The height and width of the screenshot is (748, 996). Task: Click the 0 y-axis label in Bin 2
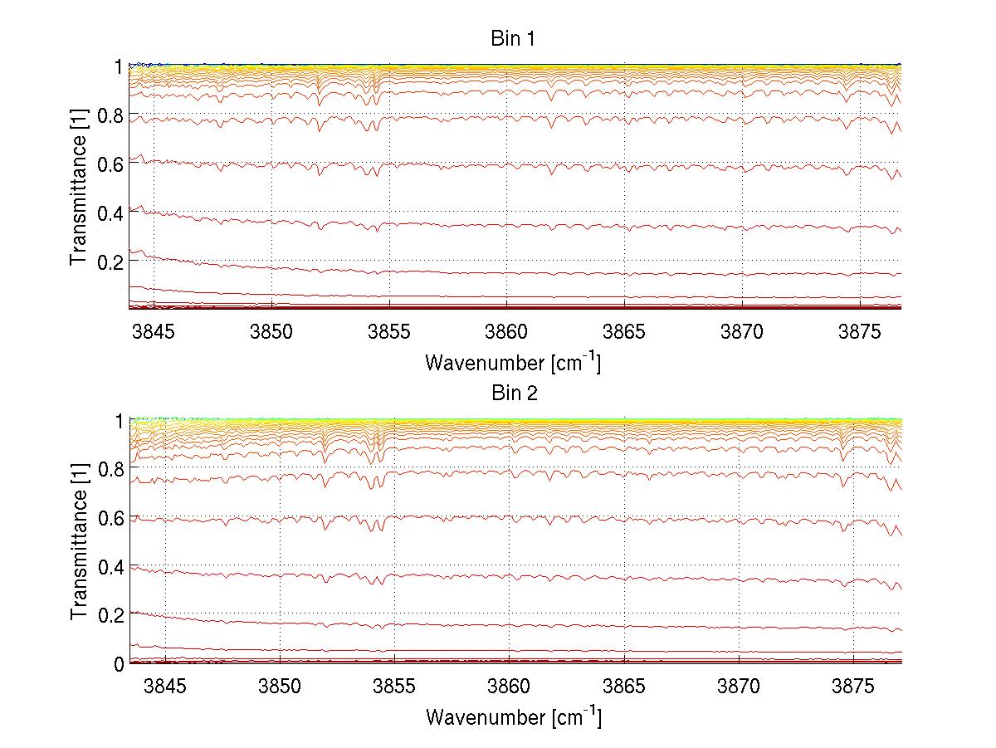pyautogui.click(x=119, y=664)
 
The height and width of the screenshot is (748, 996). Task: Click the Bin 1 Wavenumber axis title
pyautogui.click(x=513, y=363)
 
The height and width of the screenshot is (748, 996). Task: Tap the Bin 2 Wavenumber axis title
pyautogui.click(x=513, y=716)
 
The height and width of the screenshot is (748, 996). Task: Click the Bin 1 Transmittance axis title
pyautogui.click(x=79, y=186)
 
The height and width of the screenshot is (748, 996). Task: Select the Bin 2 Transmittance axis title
pyautogui.click(x=79, y=541)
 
